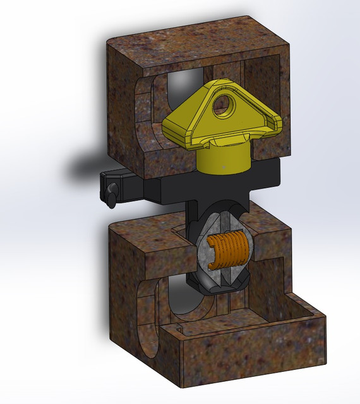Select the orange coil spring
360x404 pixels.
227,251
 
